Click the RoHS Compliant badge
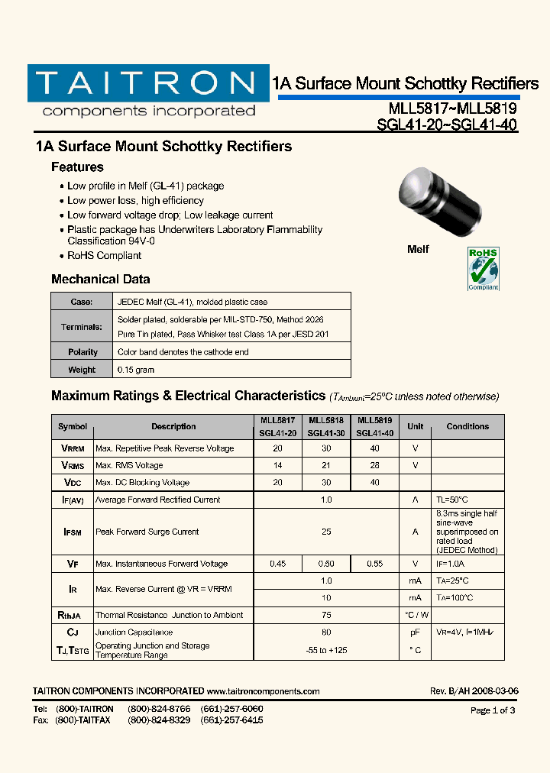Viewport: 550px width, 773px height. coord(483,268)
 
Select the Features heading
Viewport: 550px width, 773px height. coord(77,167)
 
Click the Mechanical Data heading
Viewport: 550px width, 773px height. coord(100,280)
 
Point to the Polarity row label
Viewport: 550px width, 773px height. coord(82,352)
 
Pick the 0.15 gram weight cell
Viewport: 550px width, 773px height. coord(136,370)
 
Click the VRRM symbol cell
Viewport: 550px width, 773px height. coord(73,448)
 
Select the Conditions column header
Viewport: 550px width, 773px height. coord(467,426)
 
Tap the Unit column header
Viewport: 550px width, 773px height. coord(415,426)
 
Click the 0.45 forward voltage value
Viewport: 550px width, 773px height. coord(278,564)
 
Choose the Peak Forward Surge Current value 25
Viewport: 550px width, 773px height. coord(326,532)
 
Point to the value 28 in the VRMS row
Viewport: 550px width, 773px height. coord(374,465)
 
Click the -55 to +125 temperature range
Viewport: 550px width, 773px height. coord(326,649)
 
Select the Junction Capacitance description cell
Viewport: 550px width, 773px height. coord(134,632)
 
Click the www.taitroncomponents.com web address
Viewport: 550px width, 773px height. coord(264,691)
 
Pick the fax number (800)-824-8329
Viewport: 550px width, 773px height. coord(159,720)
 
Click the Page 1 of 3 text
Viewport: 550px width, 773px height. coord(493,710)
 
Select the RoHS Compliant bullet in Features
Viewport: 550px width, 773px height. coord(104,256)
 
